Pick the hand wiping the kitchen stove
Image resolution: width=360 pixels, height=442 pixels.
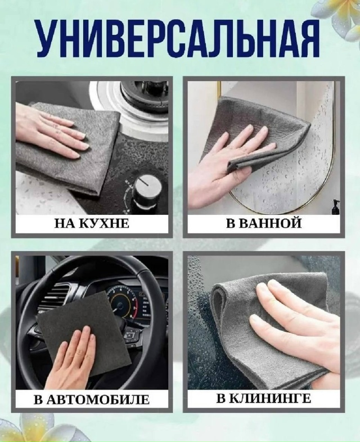(51, 130)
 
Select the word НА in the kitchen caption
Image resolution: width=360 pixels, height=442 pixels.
(65, 224)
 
